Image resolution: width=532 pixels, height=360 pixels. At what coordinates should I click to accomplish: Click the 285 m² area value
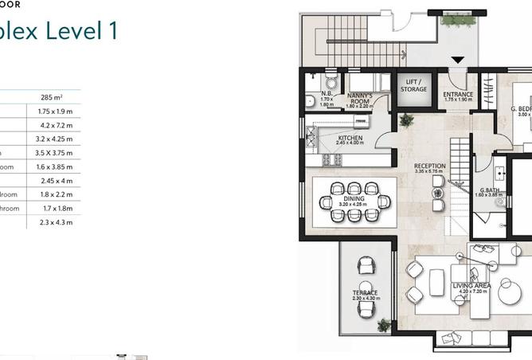[x=52, y=97]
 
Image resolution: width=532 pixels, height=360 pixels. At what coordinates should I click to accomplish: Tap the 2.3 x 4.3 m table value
[x=54, y=222]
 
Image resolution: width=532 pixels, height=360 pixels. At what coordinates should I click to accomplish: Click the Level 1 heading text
[x=71, y=32]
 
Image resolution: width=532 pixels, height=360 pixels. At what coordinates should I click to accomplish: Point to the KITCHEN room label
[x=350, y=139]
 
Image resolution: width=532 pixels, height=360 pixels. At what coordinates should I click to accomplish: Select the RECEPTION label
[x=430, y=166]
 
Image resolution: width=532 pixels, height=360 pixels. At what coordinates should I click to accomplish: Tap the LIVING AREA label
[x=471, y=285]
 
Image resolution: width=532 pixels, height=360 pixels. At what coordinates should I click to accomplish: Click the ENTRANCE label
[x=458, y=95]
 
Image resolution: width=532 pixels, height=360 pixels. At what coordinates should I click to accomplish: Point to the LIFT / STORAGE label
[x=414, y=86]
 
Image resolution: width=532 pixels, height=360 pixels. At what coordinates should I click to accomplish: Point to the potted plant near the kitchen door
[x=407, y=120]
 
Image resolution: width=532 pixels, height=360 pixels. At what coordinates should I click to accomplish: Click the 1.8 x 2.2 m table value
[x=54, y=194]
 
